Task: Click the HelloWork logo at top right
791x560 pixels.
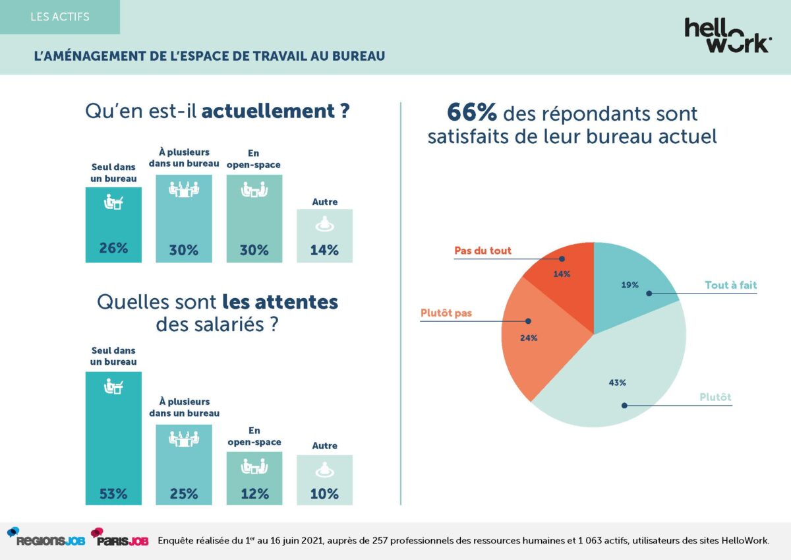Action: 728,36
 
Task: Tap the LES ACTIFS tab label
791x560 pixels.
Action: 60,16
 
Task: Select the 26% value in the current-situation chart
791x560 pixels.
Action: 113,249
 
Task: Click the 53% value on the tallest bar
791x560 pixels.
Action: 113,493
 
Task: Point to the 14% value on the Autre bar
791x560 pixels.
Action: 324,250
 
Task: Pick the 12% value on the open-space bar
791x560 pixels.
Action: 254,493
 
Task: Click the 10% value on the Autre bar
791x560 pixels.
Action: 324,493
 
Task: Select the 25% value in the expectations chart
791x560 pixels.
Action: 183,493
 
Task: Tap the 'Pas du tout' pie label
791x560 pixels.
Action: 483,251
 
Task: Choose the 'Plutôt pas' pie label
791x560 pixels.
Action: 446,313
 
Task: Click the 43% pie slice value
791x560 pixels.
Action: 618,383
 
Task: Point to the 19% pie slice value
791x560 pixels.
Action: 630,285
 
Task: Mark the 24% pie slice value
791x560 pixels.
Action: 529,338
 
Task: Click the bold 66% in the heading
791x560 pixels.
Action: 471,112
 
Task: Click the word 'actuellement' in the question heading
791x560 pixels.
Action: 268,111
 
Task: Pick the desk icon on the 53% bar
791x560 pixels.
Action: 113,388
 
